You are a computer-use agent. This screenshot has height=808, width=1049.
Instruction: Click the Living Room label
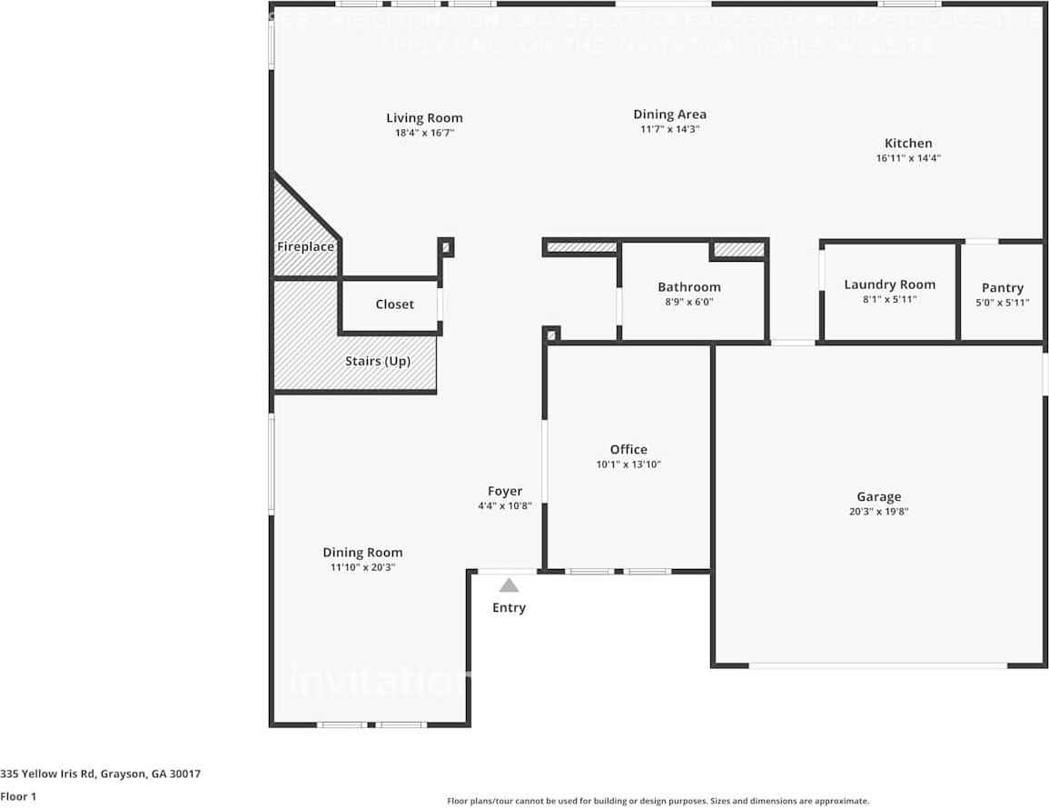424,118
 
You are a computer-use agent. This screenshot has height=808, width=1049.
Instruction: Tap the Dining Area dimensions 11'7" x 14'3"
669,129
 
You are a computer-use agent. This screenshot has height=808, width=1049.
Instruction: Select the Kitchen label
908,143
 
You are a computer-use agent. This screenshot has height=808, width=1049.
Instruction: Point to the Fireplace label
305,246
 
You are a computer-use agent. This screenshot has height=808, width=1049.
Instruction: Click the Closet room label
394,304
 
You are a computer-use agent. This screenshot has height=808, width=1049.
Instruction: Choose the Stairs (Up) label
378,361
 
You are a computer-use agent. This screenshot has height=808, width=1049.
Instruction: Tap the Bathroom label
689,287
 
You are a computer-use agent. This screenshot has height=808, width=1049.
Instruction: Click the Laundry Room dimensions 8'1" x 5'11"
889,299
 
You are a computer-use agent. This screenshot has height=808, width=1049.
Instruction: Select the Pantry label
1003,288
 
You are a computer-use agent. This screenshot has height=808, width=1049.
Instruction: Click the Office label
628,449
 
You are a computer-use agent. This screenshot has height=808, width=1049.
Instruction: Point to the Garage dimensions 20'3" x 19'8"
878,511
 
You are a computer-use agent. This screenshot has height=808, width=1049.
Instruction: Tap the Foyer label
505,491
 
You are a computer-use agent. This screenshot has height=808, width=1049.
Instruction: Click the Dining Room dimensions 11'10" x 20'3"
362,567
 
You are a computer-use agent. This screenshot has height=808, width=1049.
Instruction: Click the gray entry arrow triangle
509,586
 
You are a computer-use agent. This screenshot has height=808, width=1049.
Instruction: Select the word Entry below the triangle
509,607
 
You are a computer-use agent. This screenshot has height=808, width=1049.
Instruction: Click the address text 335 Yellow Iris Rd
100,774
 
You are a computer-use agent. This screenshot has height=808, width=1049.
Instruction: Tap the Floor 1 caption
18,796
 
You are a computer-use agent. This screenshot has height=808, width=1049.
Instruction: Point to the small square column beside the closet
446,246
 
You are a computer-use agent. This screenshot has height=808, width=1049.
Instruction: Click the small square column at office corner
551,334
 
